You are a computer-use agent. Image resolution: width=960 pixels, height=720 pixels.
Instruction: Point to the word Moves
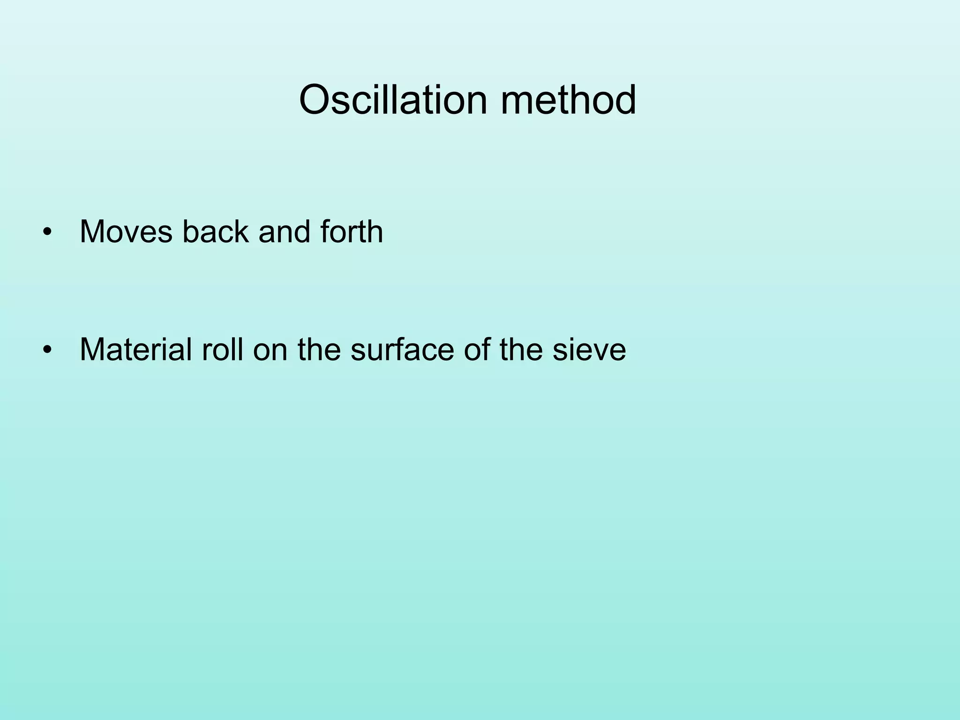[x=126, y=232]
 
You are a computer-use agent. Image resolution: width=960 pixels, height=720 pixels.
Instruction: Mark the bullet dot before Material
[x=46, y=350]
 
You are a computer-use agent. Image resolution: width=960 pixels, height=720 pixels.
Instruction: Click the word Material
[x=135, y=350]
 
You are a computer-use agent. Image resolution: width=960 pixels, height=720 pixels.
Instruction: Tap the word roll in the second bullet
[x=222, y=350]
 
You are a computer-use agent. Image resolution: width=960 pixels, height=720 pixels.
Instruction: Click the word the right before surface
[x=319, y=350]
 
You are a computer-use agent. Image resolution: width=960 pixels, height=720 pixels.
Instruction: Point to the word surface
[x=402, y=350]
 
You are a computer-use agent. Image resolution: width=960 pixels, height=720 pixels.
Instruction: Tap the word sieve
[x=589, y=350]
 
